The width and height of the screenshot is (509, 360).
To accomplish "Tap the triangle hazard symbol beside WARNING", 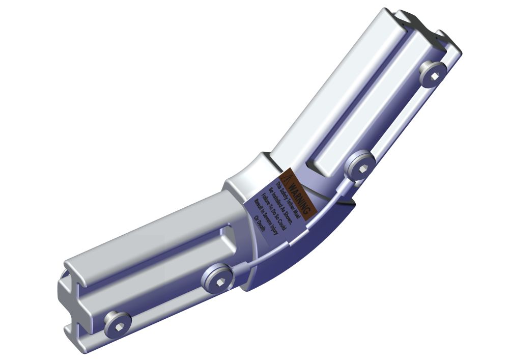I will coord(288,178).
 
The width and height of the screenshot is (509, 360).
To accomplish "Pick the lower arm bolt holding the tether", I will coord(219,278).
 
